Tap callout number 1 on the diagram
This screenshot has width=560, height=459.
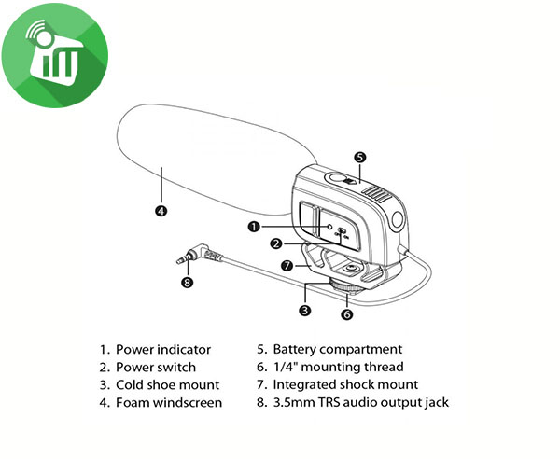(253, 227)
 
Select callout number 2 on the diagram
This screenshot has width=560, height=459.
(276, 244)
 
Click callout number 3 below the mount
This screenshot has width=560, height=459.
(305, 310)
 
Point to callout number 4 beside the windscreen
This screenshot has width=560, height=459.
(161, 211)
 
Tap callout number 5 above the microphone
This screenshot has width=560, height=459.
(359, 158)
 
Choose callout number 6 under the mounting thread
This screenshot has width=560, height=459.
(347, 314)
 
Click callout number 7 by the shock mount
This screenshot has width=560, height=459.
(288, 265)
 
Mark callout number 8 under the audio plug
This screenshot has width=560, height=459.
(187, 283)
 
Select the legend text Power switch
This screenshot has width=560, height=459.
(156, 367)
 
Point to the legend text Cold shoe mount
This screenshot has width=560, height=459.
(167, 384)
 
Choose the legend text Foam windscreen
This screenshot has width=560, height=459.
(169, 403)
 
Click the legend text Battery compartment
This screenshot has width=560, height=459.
(337, 349)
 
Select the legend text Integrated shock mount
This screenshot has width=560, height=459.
(344, 384)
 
